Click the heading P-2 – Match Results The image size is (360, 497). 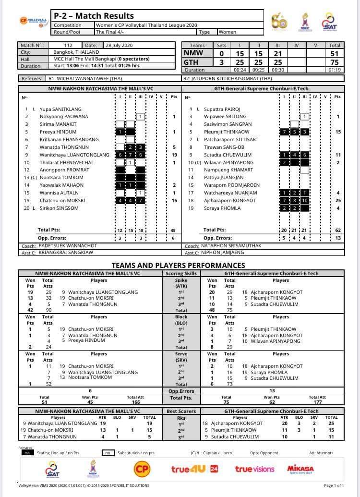click(x=94, y=16)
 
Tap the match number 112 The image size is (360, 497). click(x=69, y=46)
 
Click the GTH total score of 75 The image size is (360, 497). click(x=335, y=62)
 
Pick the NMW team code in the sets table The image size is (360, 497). click(x=193, y=53)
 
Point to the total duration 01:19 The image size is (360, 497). click(x=335, y=70)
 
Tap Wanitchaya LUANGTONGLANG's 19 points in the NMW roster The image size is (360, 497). click(x=174, y=155)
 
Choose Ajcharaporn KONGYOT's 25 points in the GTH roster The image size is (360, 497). click(x=337, y=200)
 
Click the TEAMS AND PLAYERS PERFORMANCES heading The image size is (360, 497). click(x=178, y=265)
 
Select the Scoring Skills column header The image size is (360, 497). click(x=181, y=273)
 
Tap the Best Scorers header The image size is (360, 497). click(x=181, y=412)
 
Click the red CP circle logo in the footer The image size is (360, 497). click(x=142, y=468)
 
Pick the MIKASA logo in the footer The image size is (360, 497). click(x=300, y=469)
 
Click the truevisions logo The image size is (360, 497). click(x=254, y=469)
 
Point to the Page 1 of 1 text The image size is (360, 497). click(x=334, y=486)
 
